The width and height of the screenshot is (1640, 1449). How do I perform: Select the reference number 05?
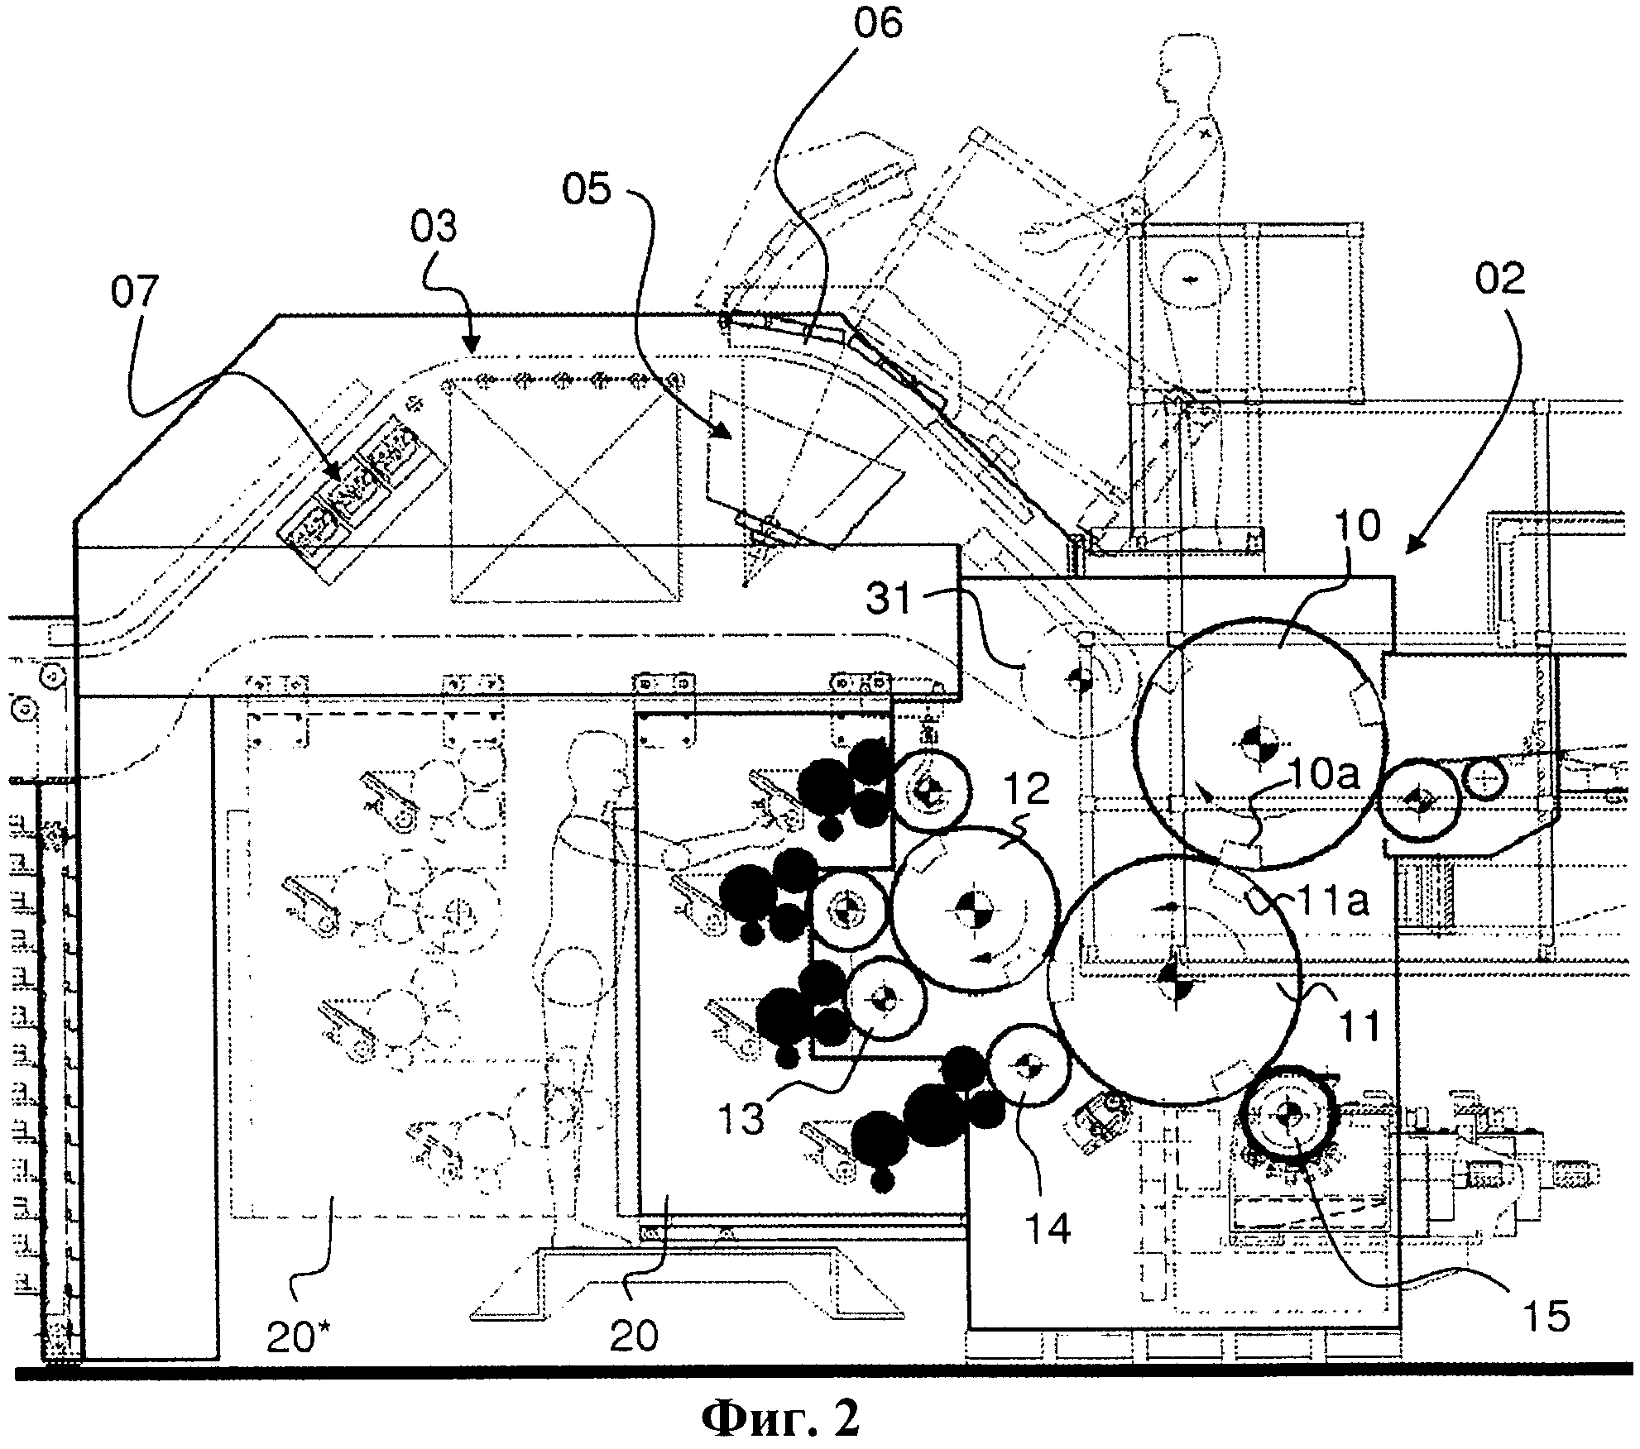587,190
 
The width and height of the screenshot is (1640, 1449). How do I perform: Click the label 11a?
1326,902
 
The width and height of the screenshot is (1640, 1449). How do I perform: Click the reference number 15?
1544,1315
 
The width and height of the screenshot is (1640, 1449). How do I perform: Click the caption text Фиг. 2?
780,1416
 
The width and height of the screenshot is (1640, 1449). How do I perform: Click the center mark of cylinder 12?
973,909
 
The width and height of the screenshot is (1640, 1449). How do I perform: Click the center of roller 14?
1029,1065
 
